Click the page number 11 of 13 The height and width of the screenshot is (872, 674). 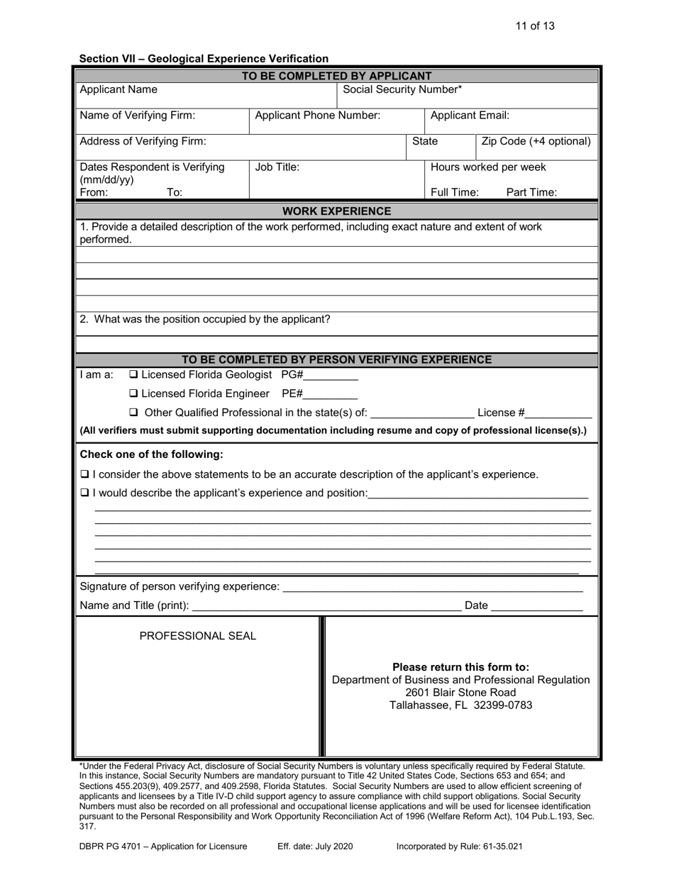coord(535,26)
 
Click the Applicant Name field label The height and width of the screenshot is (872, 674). coord(118,89)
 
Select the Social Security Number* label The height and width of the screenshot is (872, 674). coord(402,89)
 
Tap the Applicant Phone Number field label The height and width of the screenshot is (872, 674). coord(317,115)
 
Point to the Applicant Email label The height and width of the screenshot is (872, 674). coord(470,115)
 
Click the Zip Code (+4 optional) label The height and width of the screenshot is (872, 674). coord(536,141)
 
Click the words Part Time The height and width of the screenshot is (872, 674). coord(531,192)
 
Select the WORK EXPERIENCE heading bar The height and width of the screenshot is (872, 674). coord(337,211)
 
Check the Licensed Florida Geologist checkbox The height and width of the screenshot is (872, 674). coord(133,374)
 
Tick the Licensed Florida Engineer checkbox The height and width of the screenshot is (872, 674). coord(133,393)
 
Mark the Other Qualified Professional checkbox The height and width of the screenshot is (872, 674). coord(133,413)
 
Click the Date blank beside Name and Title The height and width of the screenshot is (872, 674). coord(536,606)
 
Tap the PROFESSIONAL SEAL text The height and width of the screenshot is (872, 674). coord(198,636)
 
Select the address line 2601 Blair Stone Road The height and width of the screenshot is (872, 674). coord(460,693)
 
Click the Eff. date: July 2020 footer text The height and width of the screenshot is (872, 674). coord(315,846)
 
